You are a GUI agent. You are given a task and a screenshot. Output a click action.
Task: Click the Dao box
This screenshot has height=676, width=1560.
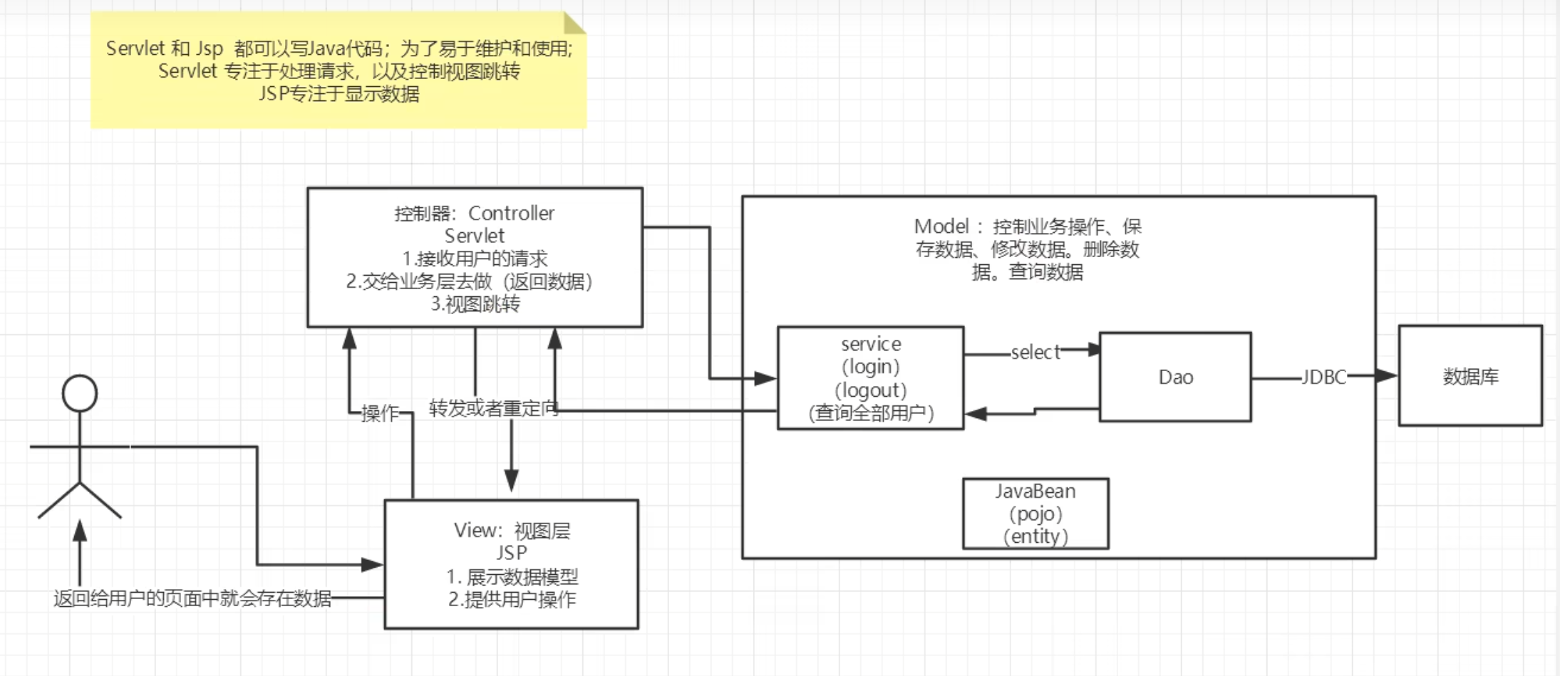pyautogui.click(x=1175, y=377)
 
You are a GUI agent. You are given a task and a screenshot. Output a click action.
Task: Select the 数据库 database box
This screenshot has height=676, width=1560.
pyautogui.click(x=1470, y=376)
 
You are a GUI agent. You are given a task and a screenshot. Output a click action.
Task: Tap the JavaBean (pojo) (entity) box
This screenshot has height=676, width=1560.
pyautogui.click(x=1035, y=514)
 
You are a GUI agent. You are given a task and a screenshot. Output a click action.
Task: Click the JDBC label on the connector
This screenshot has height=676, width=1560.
pyautogui.click(x=1323, y=377)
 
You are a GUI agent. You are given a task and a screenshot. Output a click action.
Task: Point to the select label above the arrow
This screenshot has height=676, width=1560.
pyautogui.click(x=1035, y=352)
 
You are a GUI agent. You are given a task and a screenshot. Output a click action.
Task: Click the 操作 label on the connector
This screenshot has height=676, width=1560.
pyautogui.click(x=380, y=413)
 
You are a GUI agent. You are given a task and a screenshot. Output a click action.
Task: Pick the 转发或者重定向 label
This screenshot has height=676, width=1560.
pyautogui.click(x=492, y=409)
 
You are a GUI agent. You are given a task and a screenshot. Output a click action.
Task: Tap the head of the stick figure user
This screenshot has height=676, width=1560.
pyautogui.click(x=79, y=394)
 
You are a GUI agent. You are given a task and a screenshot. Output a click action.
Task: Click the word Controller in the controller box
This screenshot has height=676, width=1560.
pyautogui.click(x=511, y=213)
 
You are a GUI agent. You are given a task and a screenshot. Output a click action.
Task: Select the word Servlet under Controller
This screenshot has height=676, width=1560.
pyautogui.click(x=475, y=236)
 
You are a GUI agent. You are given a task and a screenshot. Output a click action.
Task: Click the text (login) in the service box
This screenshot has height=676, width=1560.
pyautogui.click(x=871, y=367)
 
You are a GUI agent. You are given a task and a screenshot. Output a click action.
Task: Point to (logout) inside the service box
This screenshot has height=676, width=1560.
pyautogui.click(x=871, y=390)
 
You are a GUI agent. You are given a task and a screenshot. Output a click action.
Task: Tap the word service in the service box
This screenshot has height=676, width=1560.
pyautogui.click(x=871, y=344)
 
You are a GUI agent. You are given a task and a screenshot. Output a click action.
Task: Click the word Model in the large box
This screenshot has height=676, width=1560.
pyautogui.click(x=941, y=227)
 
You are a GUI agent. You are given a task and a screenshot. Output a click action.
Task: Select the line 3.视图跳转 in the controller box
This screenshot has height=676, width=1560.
pyautogui.click(x=475, y=304)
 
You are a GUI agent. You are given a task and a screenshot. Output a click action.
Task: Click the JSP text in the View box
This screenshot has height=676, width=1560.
pyautogui.click(x=512, y=553)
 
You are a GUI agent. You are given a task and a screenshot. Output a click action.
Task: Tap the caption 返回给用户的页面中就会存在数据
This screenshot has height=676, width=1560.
pyautogui.click(x=192, y=598)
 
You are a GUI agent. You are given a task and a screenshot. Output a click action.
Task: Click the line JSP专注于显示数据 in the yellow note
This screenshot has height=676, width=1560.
pyautogui.click(x=339, y=93)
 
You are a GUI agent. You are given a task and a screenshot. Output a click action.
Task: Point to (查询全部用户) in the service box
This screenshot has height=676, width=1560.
pyautogui.click(x=871, y=413)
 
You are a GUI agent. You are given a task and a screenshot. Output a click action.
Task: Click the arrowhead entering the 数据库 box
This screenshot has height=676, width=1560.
pyautogui.click(x=1386, y=375)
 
